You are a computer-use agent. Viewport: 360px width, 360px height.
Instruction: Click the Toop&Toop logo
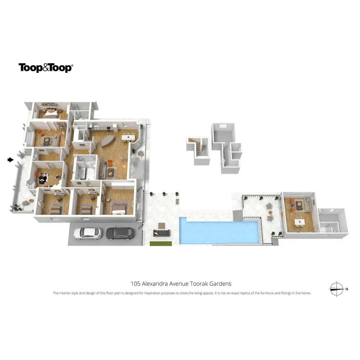(x=46, y=68)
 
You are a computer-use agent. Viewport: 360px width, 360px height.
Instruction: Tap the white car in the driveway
(x=87, y=233)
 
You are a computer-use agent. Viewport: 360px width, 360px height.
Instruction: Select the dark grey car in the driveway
(x=120, y=232)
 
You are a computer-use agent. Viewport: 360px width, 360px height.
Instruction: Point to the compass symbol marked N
(x=337, y=289)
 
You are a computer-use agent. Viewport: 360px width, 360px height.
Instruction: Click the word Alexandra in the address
(x=155, y=284)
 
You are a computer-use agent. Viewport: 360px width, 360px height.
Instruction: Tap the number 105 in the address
(x=135, y=284)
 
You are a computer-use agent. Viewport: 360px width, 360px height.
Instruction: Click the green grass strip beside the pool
(x=161, y=243)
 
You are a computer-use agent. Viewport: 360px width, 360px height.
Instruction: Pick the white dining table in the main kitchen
(x=128, y=137)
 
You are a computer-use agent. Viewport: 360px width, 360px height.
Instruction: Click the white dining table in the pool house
(x=299, y=222)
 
